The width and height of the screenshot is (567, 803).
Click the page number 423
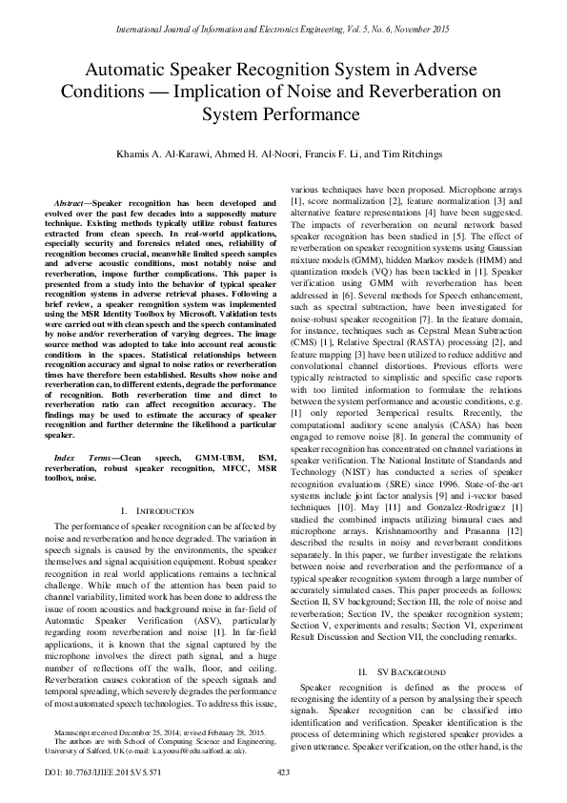pos(282,772)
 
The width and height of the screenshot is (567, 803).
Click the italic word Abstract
pos(71,203)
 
